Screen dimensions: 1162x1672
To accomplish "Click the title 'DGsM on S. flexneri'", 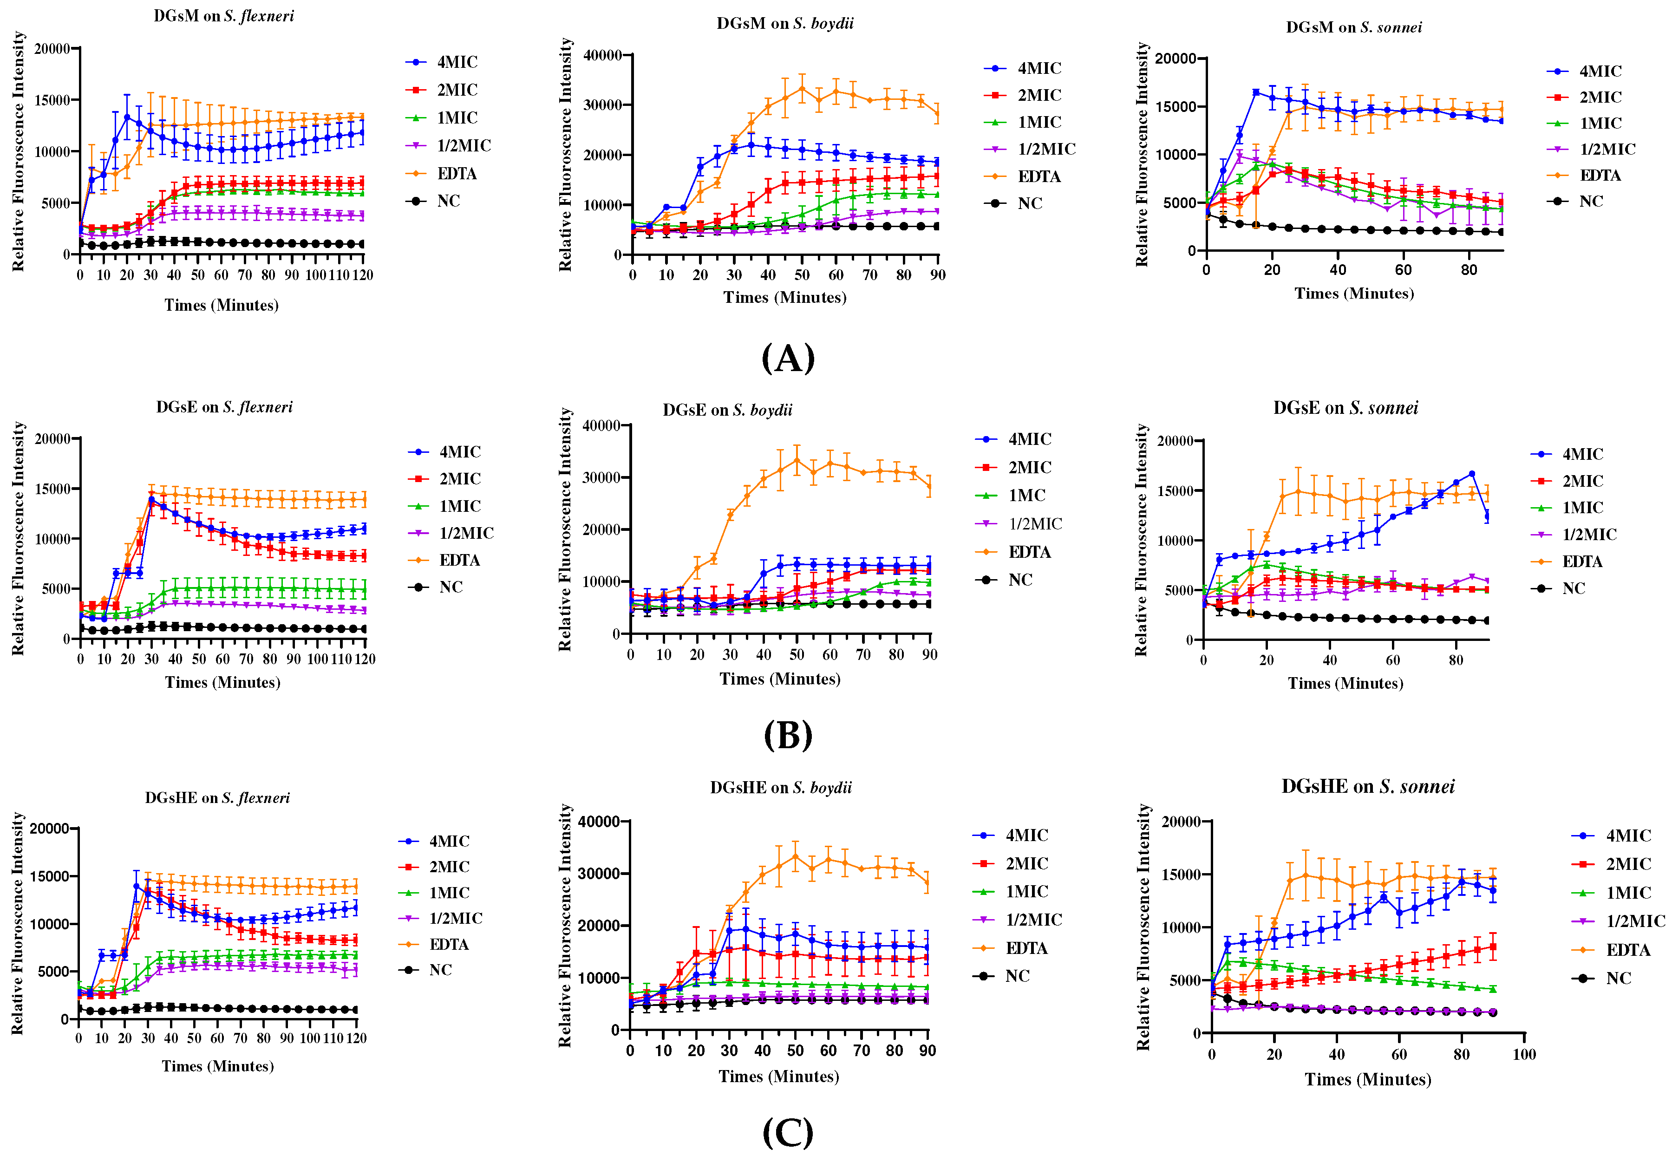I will (x=223, y=16).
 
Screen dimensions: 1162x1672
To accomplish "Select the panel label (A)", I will (x=788, y=358).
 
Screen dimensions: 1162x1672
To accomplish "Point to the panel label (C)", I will (x=788, y=1132).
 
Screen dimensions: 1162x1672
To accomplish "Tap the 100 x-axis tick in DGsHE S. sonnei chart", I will (x=1523, y=1054).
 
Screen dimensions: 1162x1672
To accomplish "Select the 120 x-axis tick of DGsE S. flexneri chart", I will (x=365, y=659).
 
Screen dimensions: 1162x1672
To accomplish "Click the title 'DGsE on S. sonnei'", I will (x=1345, y=408).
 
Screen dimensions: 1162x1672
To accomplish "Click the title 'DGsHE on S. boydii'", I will (x=780, y=788).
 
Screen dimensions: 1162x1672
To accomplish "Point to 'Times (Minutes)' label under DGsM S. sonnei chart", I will (x=1354, y=294).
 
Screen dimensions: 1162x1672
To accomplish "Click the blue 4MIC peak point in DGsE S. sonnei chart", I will (x=1471, y=474).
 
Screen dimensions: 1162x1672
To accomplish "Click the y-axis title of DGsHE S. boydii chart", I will (x=565, y=926).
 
